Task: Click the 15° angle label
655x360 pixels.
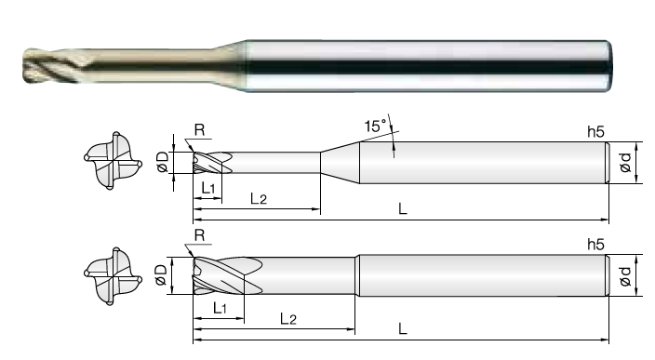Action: tap(376, 126)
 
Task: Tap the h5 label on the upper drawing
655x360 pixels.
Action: tap(595, 131)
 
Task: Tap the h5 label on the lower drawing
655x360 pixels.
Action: tap(595, 245)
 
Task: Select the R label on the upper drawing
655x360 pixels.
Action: tap(200, 130)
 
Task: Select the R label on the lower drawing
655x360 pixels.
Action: tap(200, 235)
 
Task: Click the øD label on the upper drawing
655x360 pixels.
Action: tap(162, 162)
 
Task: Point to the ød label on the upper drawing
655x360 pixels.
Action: tap(625, 163)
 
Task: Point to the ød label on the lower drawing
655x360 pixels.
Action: tap(625, 276)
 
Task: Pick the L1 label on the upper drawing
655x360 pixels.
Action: tap(208, 188)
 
